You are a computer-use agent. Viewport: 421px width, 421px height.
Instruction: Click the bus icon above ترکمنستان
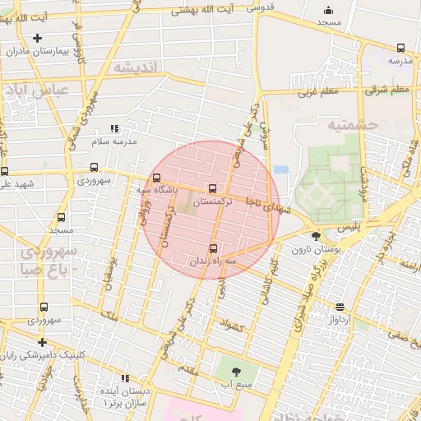214,188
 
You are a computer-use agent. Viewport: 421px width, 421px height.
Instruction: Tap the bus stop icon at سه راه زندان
214,248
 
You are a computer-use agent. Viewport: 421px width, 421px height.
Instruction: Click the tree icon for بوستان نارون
317,237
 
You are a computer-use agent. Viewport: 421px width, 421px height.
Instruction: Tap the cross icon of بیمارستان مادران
38,38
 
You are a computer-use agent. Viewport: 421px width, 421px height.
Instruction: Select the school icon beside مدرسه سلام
114,128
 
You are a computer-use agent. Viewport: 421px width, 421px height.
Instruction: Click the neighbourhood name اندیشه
135,67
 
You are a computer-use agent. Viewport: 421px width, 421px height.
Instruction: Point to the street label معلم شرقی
390,89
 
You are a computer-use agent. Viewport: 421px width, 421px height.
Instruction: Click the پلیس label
354,224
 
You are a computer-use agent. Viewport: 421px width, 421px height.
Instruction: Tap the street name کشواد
234,326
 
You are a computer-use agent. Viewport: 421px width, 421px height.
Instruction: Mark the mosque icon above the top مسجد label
329,11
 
